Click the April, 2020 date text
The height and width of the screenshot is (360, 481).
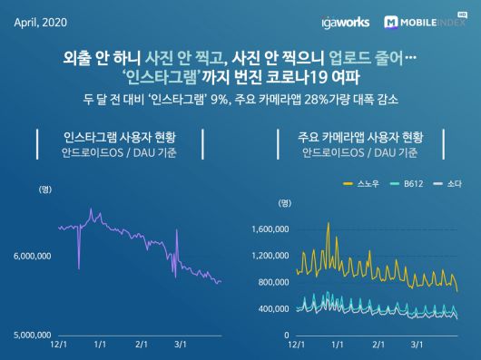[x=39, y=21]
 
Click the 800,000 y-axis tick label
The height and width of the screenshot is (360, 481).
[x=271, y=282]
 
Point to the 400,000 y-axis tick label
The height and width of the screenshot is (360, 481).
[x=271, y=308]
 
